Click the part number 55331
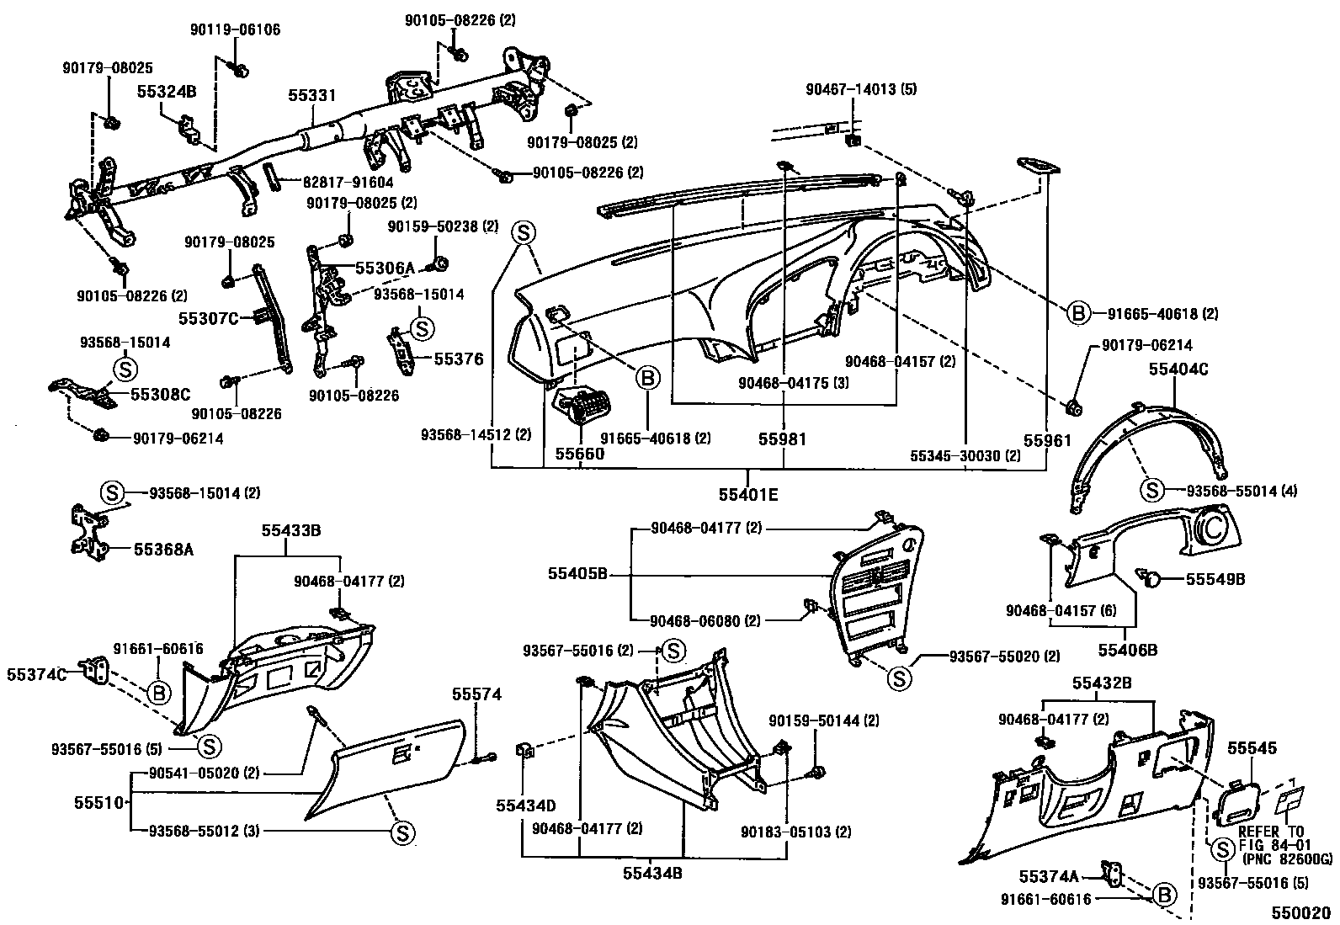pyautogui.click(x=312, y=96)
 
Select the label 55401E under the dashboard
pyautogui.click(x=748, y=495)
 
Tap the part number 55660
pyautogui.click(x=578, y=453)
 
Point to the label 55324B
pyautogui.click(x=167, y=92)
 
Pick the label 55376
pyautogui.click(x=459, y=359)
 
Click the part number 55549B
pyautogui.click(x=1215, y=579)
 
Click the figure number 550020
pyautogui.click(x=1300, y=912)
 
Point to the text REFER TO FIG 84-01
pyautogui.click(x=1273, y=837)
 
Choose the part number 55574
pyautogui.click(x=476, y=694)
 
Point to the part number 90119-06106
pyautogui.click(x=235, y=29)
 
